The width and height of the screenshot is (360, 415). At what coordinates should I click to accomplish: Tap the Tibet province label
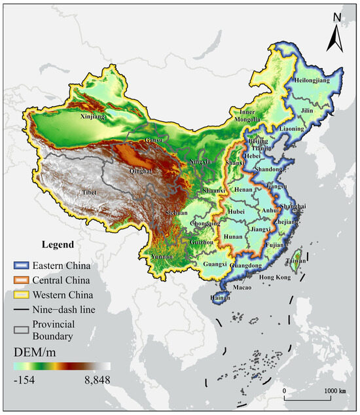(90, 192)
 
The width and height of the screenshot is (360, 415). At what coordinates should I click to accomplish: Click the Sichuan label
(178, 213)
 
